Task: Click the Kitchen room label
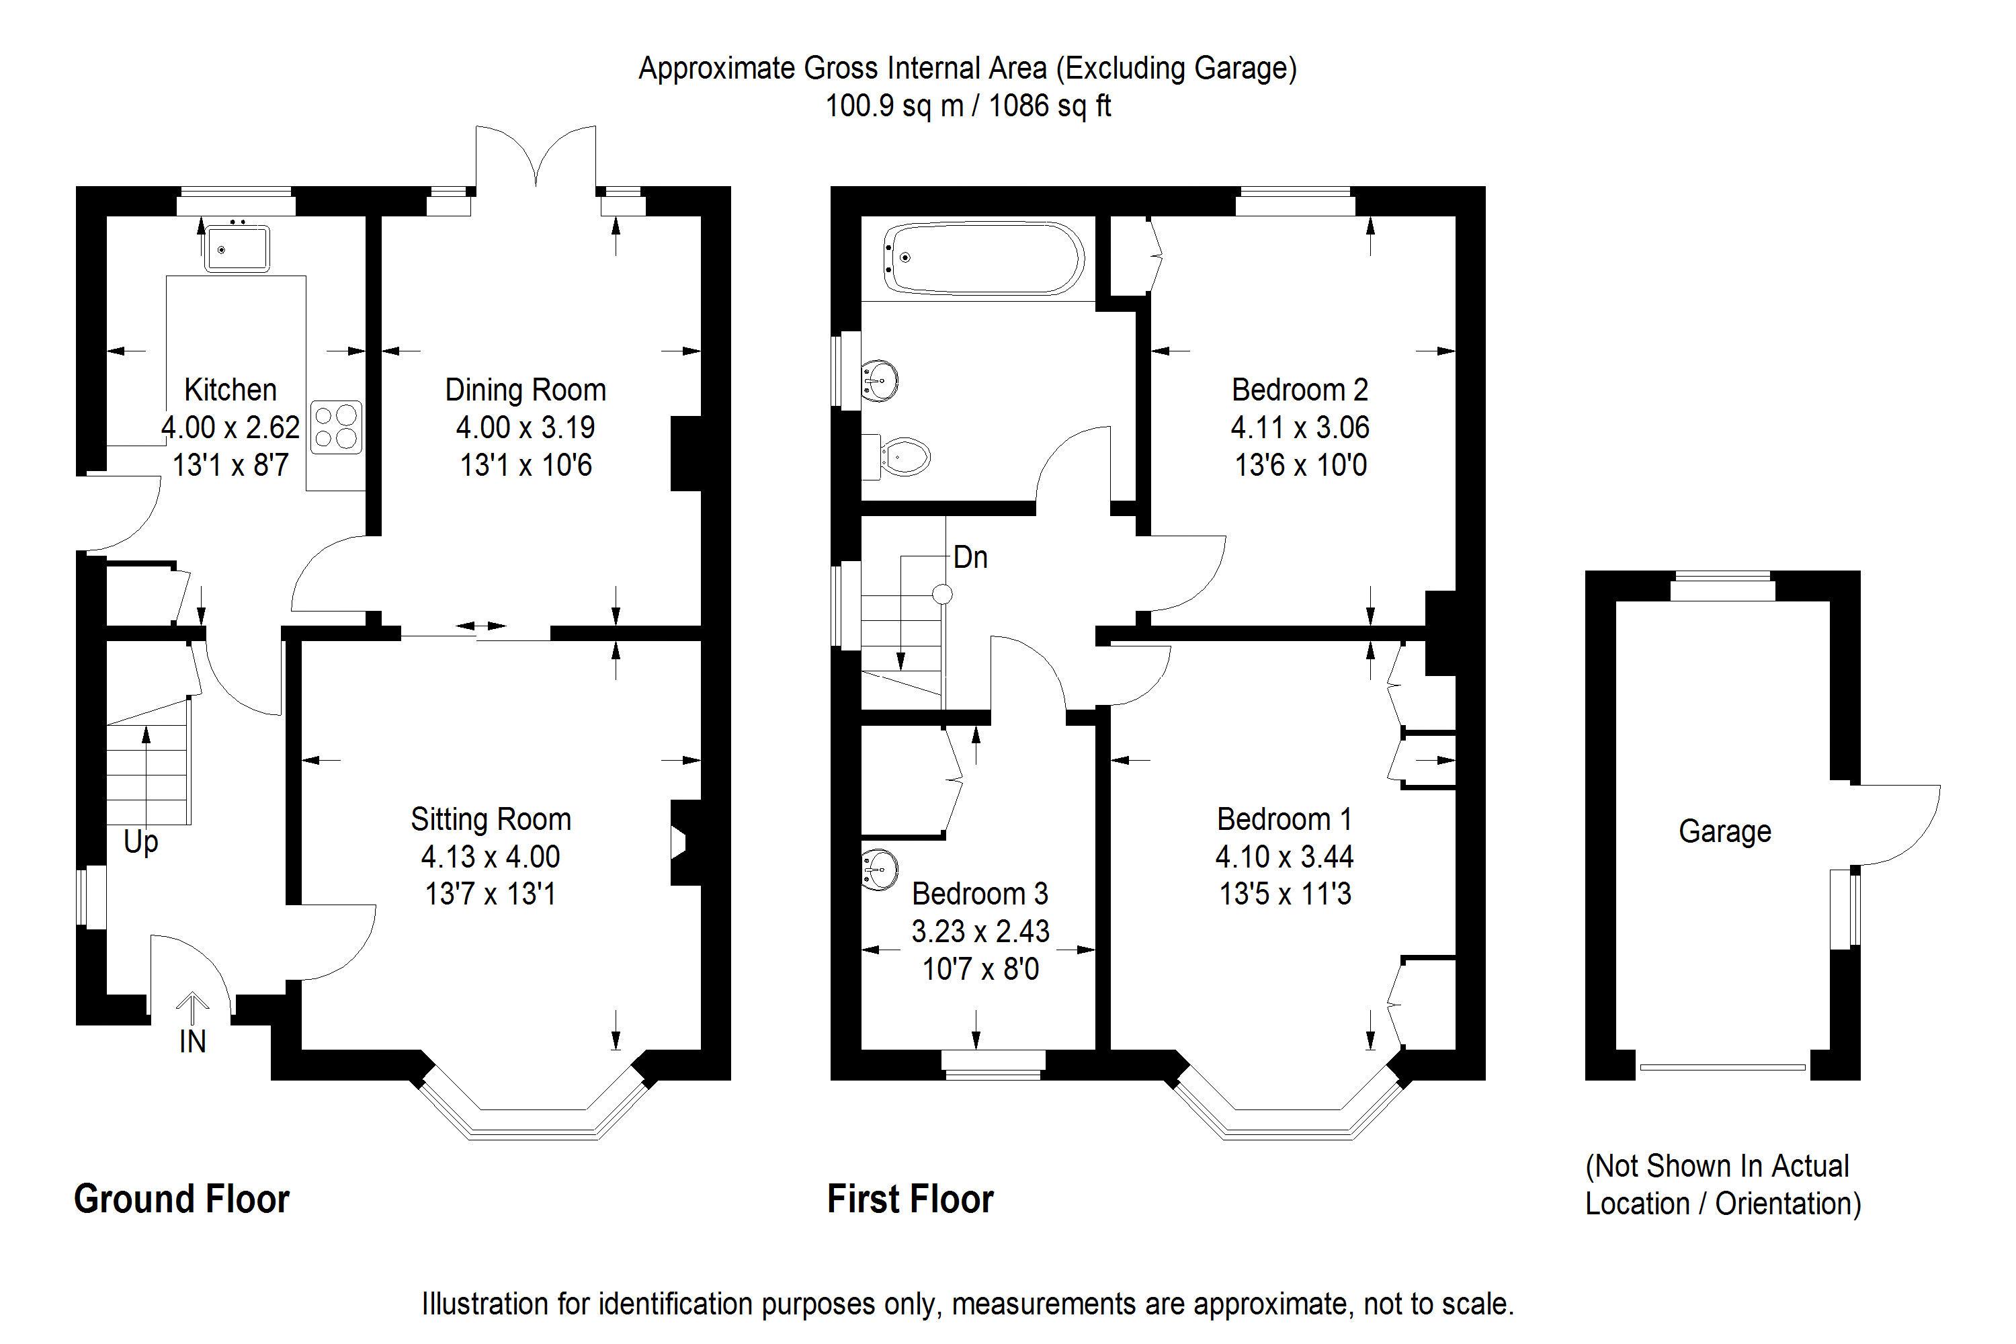click(230, 390)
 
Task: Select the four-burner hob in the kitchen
click(336, 427)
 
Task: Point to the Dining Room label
click(525, 390)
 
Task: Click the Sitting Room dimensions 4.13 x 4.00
click(491, 856)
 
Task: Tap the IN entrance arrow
click(193, 1010)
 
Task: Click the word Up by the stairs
click(140, 842)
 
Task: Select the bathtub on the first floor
click(982, 257)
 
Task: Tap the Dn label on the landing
click(970, 558)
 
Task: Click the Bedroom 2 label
click(1300, 390)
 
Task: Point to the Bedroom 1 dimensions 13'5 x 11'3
click(1285, 894)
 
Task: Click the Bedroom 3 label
click(980, 894)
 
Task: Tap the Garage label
click(1724, 831)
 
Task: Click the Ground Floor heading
click(181, 1199)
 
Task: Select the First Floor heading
click(911, 1199)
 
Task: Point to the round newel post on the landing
click(942, 594)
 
